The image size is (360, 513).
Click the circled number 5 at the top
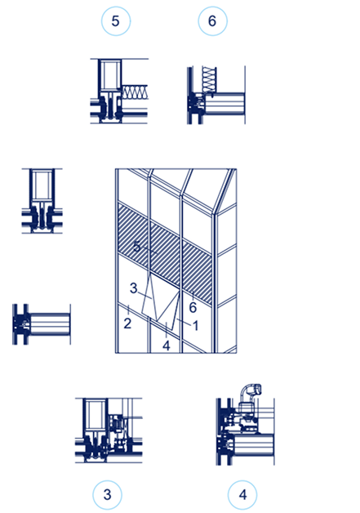tap(115, 21)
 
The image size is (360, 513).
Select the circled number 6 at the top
tap(212, 21)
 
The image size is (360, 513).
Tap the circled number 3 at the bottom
tap(107, 493)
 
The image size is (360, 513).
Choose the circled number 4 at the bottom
tap(242, 493)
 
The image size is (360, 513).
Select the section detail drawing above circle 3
tap(108, 430)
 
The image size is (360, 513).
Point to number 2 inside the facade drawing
tap(128, 323)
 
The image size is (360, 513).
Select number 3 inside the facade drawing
tap(133, 288)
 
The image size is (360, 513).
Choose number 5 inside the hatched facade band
tap(137, 245)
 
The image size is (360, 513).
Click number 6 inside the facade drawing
tap(193, 306)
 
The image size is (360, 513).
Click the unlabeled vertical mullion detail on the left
tap(38, 202)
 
